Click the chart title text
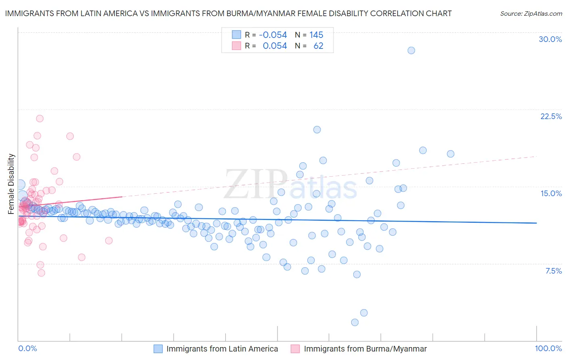point(228,13)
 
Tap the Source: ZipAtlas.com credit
point(531,13)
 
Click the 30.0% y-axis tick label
point(550,39)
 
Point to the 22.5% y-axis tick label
point(551,116)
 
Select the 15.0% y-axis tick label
point(551,193)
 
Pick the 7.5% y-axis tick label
point(553,271)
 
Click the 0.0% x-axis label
point(27,348)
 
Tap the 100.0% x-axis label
point(548,348)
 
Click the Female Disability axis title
point(11,184)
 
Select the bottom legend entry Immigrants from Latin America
point(222,349)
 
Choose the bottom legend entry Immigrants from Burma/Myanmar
point(365,349)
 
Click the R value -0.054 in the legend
point(273,35)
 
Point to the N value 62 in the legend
point(318,46)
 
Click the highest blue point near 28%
point(411,50)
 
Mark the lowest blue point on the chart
point(354,322)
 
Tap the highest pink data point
point(40,119)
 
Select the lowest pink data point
point(41,273)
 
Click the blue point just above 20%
point(317,130)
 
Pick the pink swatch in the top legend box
point(236,46)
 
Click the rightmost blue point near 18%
point(450,154)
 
